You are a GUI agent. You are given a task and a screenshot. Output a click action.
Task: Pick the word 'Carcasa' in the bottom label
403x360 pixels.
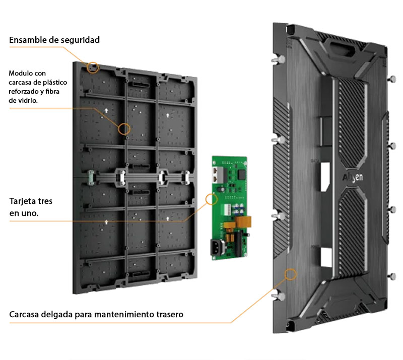[26, 315]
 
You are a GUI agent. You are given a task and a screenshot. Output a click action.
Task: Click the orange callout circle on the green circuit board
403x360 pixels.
[212, 199]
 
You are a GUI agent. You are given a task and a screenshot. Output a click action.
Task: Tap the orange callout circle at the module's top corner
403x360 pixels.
[93, 67]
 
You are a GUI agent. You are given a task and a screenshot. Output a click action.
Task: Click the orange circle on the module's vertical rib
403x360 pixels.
[124, 128]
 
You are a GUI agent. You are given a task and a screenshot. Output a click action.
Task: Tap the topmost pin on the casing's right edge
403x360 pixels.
[392, 79]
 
